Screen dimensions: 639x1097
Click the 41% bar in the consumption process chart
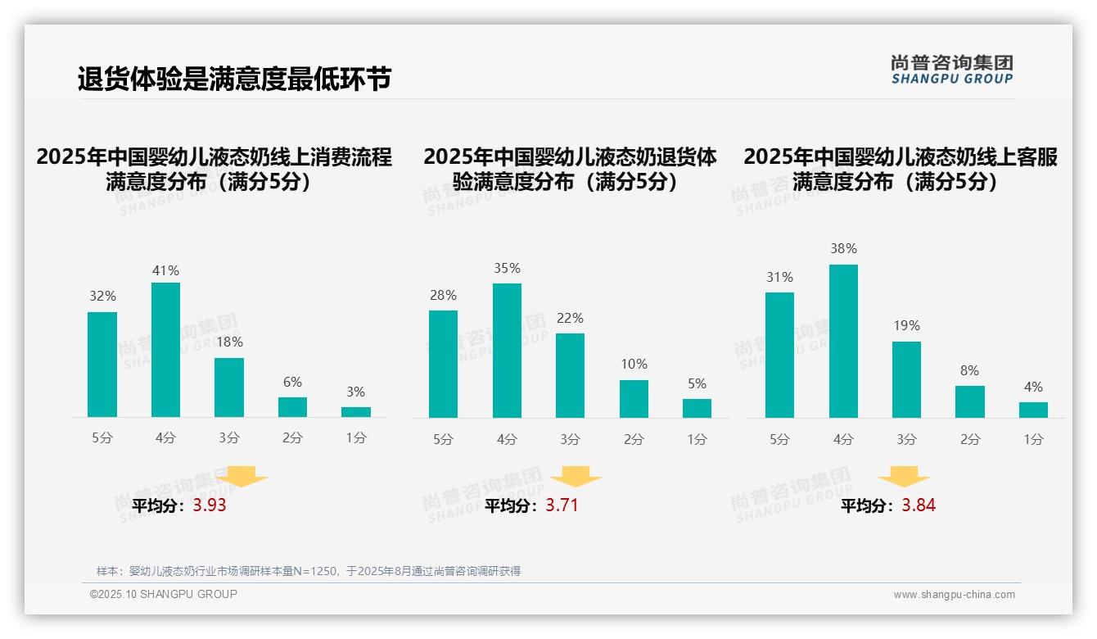pos(165,350)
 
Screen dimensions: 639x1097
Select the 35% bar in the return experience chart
pos(507,351)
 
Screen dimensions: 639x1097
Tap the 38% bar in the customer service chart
pos(843,341)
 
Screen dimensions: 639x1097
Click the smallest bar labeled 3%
pos(356,412)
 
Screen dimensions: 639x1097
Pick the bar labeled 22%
pos(570,375)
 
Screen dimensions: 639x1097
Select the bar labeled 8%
pos(970,401)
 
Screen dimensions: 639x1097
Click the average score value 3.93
pos(210,505)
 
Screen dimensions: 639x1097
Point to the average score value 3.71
pos(562,505)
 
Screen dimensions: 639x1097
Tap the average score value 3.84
pos(919,505)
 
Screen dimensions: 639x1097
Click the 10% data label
pos(634,364)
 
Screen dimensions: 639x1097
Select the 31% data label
pos(779,277)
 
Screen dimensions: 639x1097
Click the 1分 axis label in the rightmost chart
pos(1033,439)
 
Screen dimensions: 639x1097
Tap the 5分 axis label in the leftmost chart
pos(102,438)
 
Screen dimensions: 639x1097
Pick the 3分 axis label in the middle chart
pos(570,439)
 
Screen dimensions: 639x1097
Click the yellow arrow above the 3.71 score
pos(576,477)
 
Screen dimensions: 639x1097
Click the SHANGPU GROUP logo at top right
pos(952,70)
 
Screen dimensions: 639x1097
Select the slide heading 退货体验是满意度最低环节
pos(234,79)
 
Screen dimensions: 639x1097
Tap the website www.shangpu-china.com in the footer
pos(954,595)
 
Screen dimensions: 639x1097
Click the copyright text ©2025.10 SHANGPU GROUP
pos(164,594)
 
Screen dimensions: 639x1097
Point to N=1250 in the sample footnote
pos(316,571)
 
